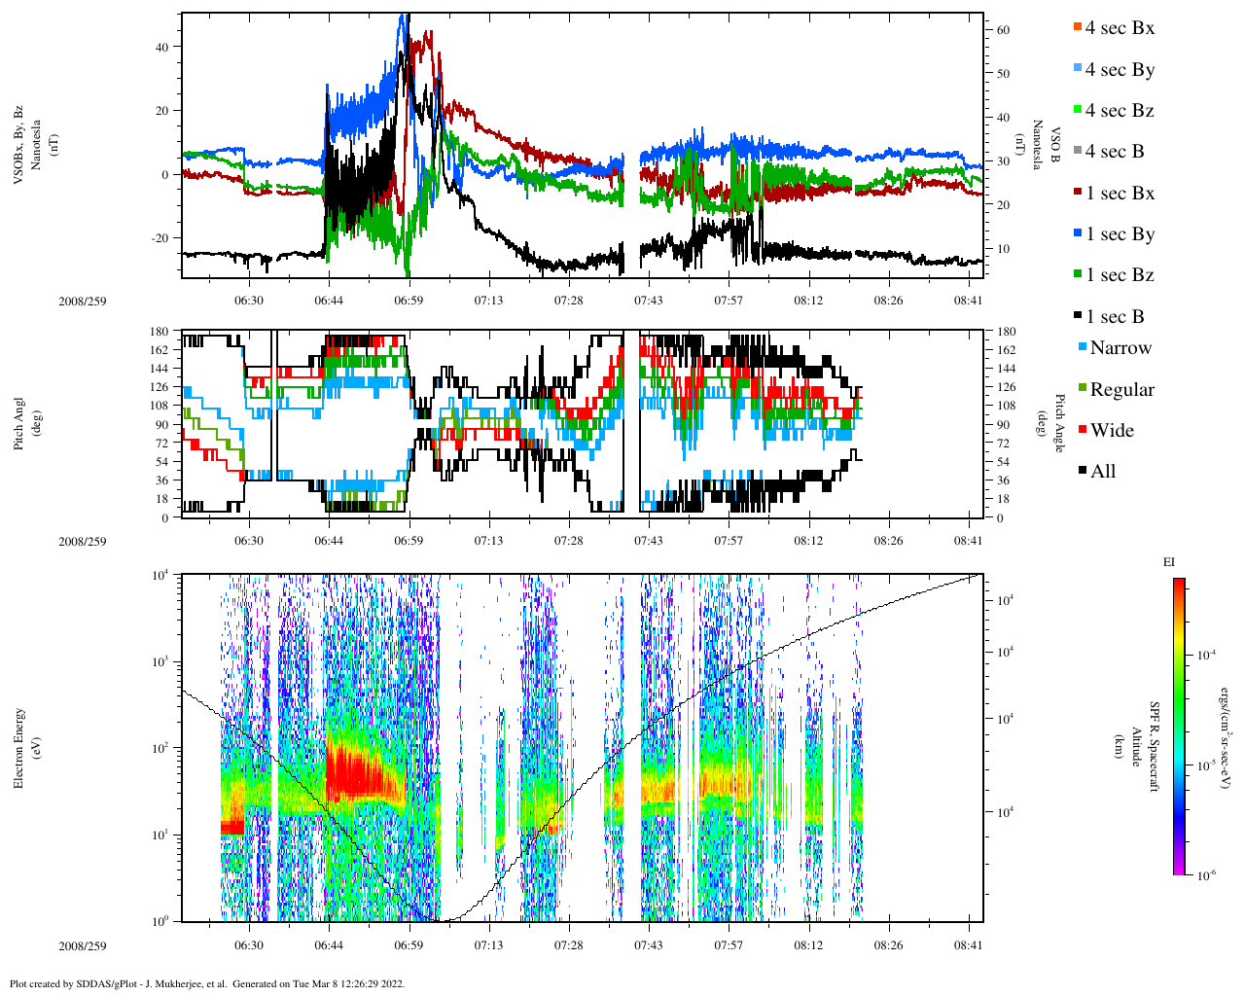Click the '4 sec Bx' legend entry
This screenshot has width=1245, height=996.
(x=1120, y=28)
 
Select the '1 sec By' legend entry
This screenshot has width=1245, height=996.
(x=1120, y=234)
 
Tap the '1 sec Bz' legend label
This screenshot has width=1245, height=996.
(x=1120, y=275)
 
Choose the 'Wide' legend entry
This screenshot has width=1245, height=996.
(x=1112, y=431)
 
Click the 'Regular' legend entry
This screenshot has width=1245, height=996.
(x=1121, y=390)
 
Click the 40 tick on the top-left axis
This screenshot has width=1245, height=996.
(x=162, y=47)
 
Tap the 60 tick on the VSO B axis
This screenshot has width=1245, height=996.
(x=1003, y=30)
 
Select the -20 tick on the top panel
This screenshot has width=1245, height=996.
(x=159, y=238)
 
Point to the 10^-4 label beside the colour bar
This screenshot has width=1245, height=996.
(x=1208, y=656)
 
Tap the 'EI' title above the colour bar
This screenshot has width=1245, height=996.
(x=1169, y=562)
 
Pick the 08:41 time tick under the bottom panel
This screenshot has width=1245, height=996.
(x=969, y=945)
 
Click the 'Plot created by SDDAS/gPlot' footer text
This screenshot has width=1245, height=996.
(x=206, y=983)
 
